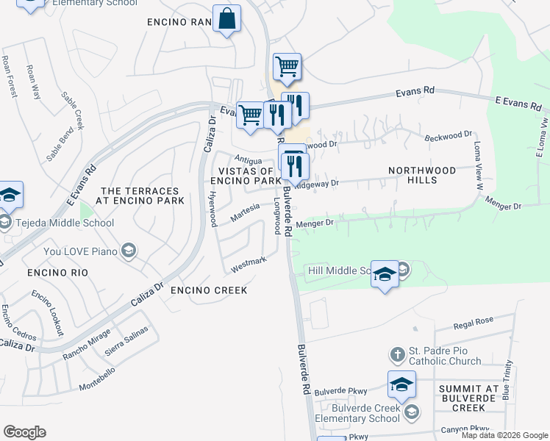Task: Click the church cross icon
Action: pos(397,355)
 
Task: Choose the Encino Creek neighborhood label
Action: pos(209,290)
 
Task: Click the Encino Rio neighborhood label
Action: pos(57,273)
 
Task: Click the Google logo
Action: pos(24,432)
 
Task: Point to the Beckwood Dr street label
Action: pos(449,136)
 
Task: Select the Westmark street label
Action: pos(248,262)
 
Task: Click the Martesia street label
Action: pos(246,212)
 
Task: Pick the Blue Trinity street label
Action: pos(507,384)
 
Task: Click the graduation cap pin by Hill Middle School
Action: pos(385,275)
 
